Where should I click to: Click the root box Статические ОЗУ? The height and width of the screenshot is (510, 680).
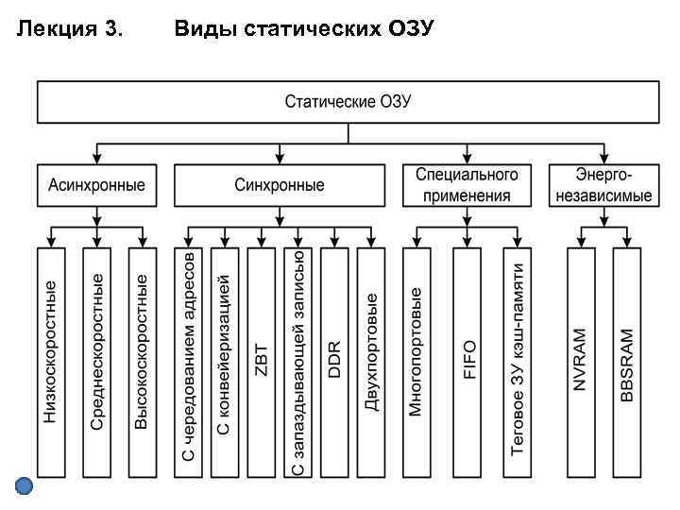coord(348,102)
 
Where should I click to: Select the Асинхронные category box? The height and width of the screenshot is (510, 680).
coord(96,185)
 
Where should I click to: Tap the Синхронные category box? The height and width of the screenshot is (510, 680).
coord(280,185)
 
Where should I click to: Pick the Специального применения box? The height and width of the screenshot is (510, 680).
coord(467,185)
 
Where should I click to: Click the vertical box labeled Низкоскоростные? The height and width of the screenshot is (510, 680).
coord(51,364)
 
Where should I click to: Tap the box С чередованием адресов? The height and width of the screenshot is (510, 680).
coord(188,364)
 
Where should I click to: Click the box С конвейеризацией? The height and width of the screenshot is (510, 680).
coord(224,364)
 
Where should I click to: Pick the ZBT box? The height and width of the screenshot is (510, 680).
coord(262,364)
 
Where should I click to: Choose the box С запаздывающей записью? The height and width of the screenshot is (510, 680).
coord(298,364)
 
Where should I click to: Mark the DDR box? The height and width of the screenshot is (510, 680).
coord(334,364)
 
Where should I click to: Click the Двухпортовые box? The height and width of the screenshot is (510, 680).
coord(371,364)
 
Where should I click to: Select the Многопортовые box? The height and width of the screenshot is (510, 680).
coord(416,364)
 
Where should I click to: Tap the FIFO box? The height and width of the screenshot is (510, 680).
coord(467,364)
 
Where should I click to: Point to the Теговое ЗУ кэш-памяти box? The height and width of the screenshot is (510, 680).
coord(518,364)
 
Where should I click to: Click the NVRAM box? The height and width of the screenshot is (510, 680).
coord(581,364)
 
